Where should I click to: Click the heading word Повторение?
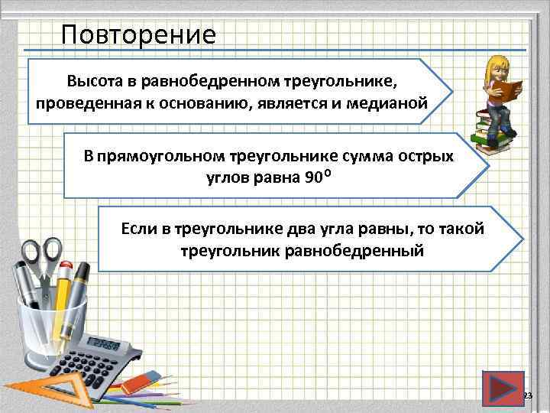tap(138, 34)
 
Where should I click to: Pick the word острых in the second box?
tap(429, 157)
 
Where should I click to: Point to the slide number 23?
tap(526, 395)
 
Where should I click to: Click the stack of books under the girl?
tap(489, 130)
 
